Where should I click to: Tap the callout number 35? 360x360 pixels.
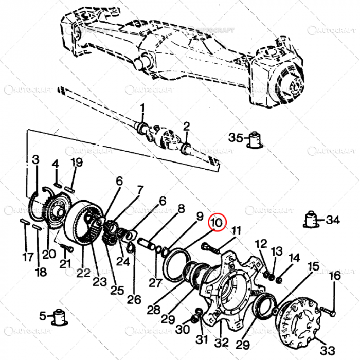pyautogui.click(x=236, y=138)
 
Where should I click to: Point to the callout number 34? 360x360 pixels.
pyautogui.click(x=333, y=220)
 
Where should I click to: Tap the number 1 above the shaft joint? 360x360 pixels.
pyautogui.click(x=142, y=109)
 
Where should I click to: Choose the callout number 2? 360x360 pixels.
pyautogui.click(x=186, y=125)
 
